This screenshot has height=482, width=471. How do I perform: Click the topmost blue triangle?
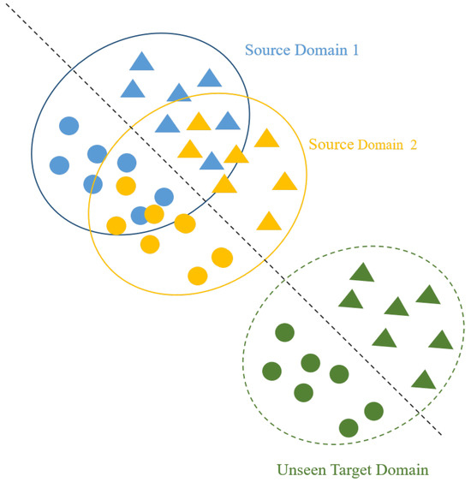142,62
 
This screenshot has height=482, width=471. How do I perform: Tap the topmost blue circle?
69,127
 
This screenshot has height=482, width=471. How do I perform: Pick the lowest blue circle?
140,215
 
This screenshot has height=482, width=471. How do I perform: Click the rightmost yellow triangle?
283,181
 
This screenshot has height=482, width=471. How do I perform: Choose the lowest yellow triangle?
269,222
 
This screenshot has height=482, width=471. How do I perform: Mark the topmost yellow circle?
126,186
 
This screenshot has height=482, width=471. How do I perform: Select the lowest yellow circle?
198,276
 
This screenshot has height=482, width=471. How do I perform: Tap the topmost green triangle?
362,274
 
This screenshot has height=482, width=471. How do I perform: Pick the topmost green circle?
284,332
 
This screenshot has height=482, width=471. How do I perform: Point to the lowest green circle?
349,427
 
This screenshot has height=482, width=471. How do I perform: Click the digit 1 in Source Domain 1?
354,50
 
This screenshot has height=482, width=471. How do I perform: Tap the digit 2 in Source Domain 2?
414,145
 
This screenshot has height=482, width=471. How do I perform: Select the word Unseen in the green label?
300,470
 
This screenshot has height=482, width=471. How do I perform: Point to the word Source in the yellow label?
330,145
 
